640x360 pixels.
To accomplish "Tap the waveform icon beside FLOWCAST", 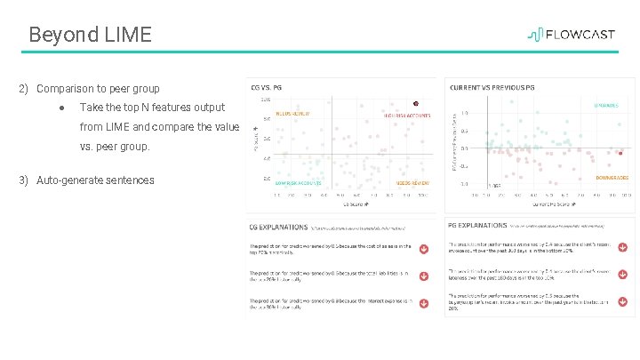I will click(536, 35).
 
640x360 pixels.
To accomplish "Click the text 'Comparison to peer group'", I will click(98, 89).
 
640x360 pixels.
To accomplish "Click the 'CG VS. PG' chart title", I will click(266, 88).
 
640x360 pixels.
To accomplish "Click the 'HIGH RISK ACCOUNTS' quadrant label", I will click(407, 116).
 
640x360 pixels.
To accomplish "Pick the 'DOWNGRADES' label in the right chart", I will click(612, 178).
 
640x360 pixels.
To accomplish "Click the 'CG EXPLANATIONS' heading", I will click(279, 228).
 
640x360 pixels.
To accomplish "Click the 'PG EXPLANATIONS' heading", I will click(478, 228).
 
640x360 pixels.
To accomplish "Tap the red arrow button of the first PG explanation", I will click(622, 247).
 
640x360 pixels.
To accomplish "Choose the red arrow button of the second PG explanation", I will click(622, 274).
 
